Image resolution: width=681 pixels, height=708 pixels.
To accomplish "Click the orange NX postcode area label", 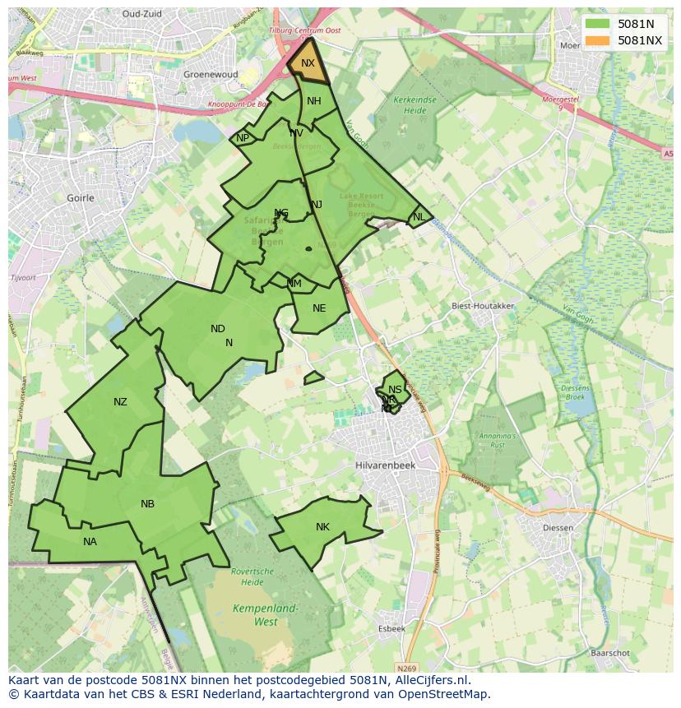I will (308, 63).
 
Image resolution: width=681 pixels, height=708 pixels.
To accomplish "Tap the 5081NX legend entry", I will (639, 40).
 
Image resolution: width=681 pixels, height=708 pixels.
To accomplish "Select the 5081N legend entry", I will (636, 24).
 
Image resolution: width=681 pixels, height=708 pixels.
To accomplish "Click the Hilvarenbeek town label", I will (386, 465).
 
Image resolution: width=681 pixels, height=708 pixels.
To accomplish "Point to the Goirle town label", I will (81, 198).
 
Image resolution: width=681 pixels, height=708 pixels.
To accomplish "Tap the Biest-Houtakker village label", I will (483, 306).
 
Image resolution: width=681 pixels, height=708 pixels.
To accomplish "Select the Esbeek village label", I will (391, 629).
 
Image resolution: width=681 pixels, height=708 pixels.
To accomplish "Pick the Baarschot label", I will (610, 653).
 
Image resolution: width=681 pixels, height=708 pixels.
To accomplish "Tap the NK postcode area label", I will (322, 527).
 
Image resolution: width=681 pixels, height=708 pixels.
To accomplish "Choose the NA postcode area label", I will (90, 542).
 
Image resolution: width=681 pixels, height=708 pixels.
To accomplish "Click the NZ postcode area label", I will (121, 402).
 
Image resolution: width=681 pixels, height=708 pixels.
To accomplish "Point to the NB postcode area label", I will (147, 504).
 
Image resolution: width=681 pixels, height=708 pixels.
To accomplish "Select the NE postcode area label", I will (319, 308).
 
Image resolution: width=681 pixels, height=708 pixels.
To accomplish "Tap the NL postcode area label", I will (419, 217).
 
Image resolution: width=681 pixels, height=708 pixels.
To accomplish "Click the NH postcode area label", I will (314, 101).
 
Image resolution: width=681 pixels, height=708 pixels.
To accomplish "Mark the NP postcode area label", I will (243, 138).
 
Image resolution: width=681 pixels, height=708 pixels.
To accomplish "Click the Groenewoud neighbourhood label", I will (211, 75).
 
